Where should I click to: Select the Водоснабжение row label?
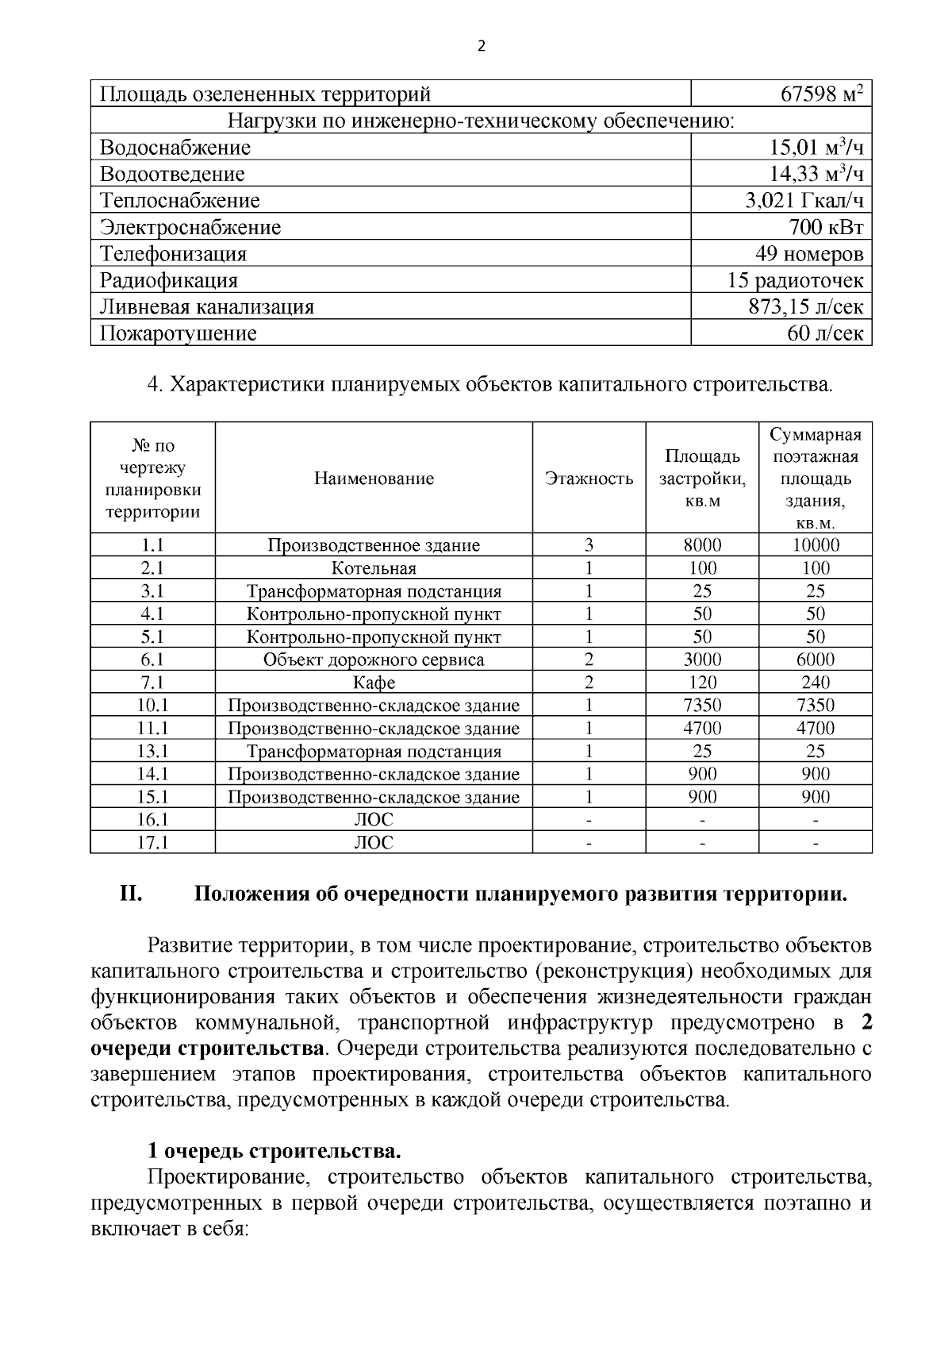coord(175,148)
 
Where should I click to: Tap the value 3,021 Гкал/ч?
coord(804,201)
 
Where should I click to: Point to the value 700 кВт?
coord(825,228)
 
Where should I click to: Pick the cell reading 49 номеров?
coord(808,254)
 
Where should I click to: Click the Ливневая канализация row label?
coord(207,307)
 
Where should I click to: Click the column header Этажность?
coord(589,479)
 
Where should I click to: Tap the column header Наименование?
coord(374,479)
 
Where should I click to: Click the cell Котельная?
coord(374,568)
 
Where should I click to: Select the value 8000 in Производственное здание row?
coord(702,545)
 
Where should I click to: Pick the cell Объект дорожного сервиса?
coord(374,660)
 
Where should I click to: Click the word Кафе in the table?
coord(374,683)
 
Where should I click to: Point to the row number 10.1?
coord(152,706)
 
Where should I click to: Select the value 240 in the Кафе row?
coord(815,683)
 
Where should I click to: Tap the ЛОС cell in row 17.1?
coord(374,843)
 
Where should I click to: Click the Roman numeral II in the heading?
coord(131,895)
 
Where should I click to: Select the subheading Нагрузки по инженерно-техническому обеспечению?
coord(481,121)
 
